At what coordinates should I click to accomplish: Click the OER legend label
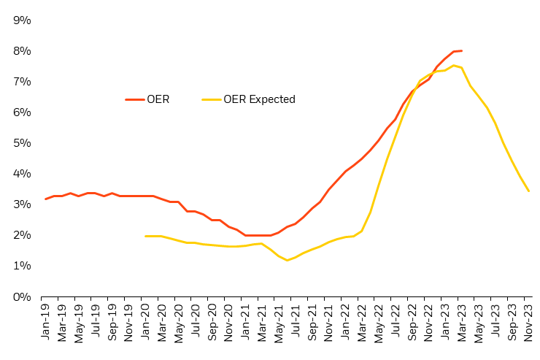click(x=158, y=99)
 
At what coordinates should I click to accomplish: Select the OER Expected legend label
click(x=259, y=99)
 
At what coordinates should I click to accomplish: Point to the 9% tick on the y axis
click(x=22, y=20)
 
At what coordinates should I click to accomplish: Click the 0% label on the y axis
click(x=22, y=296)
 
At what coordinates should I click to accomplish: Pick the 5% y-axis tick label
click(x=22, y=143)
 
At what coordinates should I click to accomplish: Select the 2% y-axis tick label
click(x=22, y=235)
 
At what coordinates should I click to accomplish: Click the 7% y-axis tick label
click(x=22, y=82)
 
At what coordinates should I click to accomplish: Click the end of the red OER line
click(x=462, y=50)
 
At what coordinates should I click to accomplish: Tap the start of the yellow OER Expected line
click(x=146, y=236)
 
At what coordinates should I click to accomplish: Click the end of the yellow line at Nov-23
click(x=528, y=191)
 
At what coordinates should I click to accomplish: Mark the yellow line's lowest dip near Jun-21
click(x=288, y=260)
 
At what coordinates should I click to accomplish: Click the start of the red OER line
click(x=45, y=199)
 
